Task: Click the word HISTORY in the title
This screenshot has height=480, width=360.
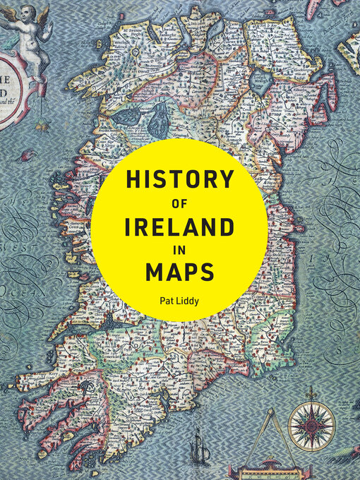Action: tap(179, 180)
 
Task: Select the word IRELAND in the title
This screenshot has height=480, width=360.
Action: tap(179, 227)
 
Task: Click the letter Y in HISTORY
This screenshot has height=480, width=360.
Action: tap(225, 180)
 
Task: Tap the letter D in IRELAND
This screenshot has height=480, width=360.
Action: tap(227, 227)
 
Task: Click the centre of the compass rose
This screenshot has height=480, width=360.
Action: tap(312, 426)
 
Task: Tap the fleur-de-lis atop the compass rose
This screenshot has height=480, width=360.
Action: tap(312, 390)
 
